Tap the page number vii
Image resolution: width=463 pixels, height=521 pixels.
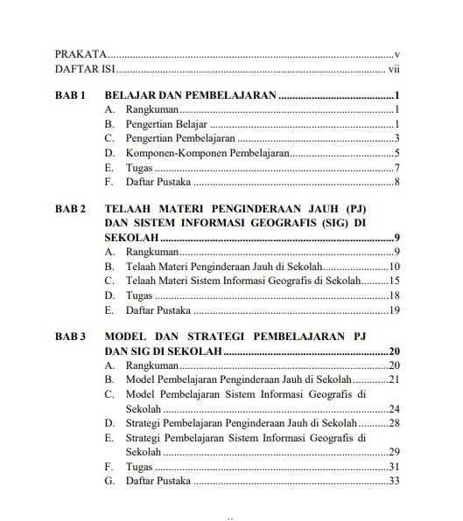pos(394,69)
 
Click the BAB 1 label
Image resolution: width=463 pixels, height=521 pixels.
pos(71,95)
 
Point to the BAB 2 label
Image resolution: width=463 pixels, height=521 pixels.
pos(71,210)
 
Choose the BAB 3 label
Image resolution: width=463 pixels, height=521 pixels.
pos(71,337)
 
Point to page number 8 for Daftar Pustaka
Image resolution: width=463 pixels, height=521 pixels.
pos(396,182)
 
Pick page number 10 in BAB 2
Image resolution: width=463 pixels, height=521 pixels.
pos(394,267)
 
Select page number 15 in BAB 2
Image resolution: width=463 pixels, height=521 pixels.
pos(394,281)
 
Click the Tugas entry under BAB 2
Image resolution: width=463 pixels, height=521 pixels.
pos(139,296)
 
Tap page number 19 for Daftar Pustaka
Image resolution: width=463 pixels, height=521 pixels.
pos(394,311)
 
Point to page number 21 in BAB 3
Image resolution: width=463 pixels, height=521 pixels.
pos(394,379)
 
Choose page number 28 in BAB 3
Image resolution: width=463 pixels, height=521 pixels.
pos(394,423)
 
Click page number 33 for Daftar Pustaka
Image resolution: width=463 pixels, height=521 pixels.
pos(394,482)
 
